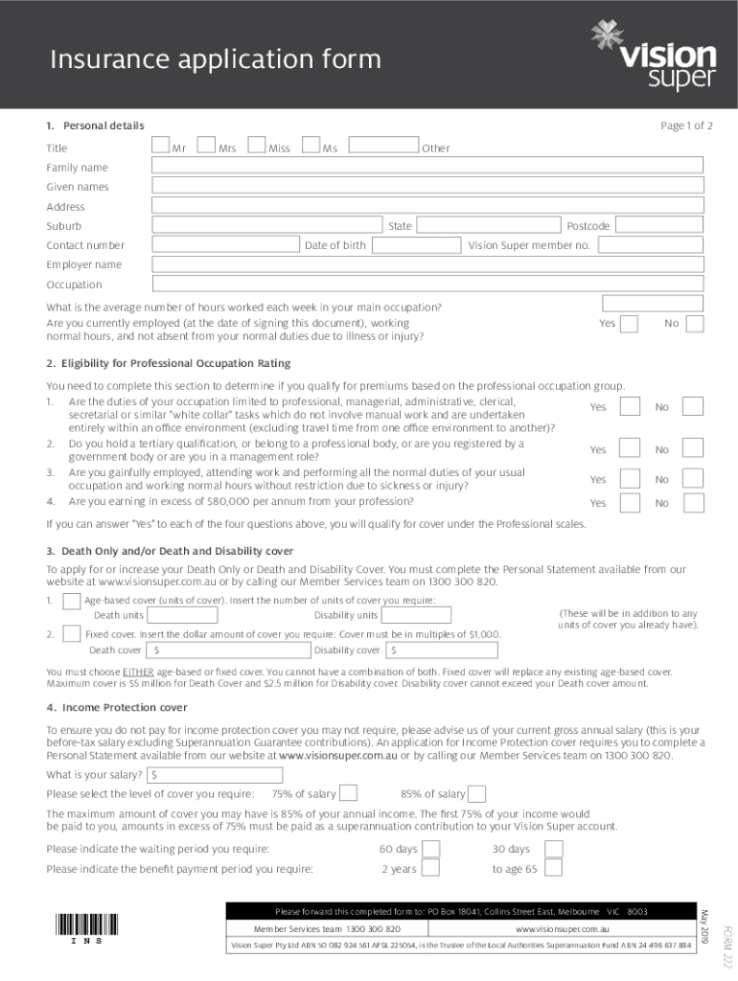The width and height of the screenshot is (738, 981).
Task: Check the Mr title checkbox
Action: [161, 147]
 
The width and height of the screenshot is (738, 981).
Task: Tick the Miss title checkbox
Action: [257, 147]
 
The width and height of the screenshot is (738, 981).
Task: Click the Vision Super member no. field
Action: [651, 246]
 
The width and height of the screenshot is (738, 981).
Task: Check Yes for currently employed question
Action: [629, 324]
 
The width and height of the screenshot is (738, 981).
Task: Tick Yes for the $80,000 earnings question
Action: [629, 503]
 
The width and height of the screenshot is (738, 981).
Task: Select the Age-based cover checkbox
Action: [71, 601]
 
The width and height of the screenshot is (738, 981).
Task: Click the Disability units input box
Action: [440, 615]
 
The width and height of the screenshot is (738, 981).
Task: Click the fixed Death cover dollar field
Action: [227, 650]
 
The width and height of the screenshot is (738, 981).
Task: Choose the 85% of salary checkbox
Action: [476, 793]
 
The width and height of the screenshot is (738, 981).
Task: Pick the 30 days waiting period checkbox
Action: [553, 849]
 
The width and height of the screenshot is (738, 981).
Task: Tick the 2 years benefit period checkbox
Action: [431, 869]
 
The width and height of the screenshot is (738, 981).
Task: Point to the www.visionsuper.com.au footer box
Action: [563, 929]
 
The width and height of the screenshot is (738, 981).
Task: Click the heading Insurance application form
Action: [216, 59]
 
